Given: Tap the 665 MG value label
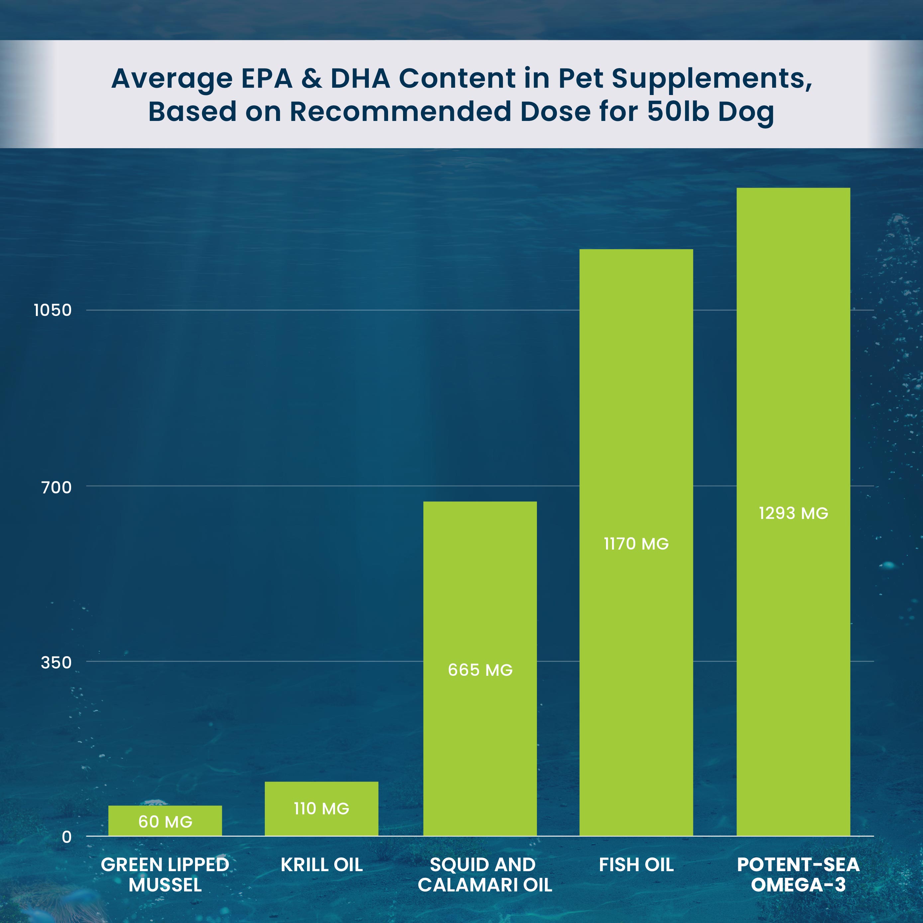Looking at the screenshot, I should click(x=480, y=670).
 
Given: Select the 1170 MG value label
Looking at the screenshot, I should click(x=636, y=544).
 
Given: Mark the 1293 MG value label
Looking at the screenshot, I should click(x=793, y=513).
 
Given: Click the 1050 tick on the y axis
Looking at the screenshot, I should click(x=52, y=310).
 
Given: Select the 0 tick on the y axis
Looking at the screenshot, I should click(x=66, y=837).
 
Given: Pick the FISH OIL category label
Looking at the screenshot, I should click(x=636, y=865).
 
